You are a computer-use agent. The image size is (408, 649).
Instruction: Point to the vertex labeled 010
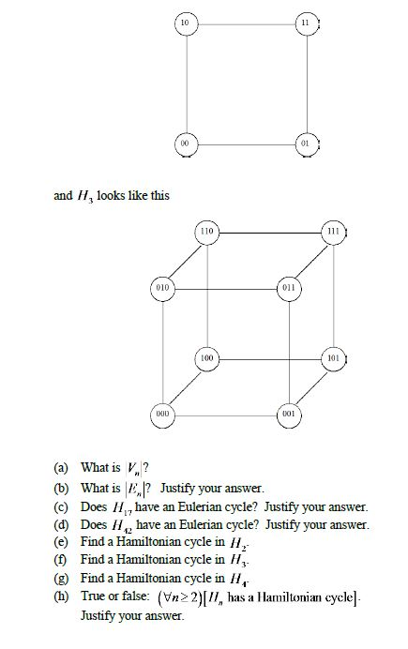(x=161, y=285)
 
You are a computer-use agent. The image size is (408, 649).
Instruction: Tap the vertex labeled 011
(x=291, y=285)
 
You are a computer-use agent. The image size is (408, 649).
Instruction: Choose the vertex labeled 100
(x=207, y=359)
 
